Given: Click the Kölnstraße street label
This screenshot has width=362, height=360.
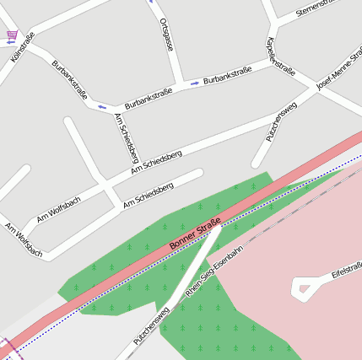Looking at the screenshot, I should coord(24,47).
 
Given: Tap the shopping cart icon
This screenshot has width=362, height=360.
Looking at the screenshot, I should coord(11,35).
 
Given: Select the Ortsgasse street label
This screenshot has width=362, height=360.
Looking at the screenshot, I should coord(165,35).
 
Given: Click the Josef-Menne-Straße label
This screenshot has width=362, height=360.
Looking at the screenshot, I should coord(338,75).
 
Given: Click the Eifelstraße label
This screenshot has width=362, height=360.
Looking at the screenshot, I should coord(348,271).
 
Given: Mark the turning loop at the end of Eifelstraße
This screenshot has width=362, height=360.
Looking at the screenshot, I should coord(303,289).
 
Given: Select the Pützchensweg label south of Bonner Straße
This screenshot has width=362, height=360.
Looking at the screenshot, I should coord(152,325).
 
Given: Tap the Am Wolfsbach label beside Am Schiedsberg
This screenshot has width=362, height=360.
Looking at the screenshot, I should coord(58,209).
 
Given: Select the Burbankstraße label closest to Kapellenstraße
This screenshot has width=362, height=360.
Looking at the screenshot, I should coord(228,79).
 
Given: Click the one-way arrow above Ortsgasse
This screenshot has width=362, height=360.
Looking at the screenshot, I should coord(152,2).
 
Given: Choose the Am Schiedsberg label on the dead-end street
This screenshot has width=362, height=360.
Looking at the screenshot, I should coord(148,194).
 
